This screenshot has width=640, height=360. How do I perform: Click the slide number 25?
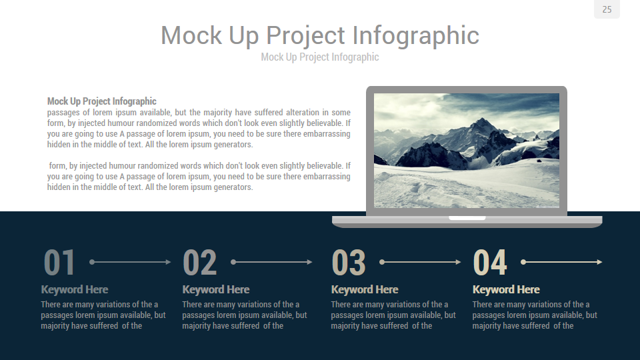(x=607, y=9)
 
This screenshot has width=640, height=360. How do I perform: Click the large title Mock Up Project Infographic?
(x=320, y=35)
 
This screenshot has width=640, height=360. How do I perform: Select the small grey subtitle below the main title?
(x=320, y=57)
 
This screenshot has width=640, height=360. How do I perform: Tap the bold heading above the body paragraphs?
(x=102, y=101)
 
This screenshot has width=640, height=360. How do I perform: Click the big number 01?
(x=60, y=263)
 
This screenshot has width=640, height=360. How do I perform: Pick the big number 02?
(x=200, y=263)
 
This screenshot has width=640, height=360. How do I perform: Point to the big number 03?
(x=349, y=263)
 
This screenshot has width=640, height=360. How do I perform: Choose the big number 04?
(x=490, y=263)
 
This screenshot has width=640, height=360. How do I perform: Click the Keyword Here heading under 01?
(x=75, y=289)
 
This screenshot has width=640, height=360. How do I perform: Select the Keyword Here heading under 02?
(x=216, y=289)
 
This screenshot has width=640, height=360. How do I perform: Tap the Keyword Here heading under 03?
(x=365, y=289)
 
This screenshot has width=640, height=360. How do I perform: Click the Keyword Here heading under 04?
(x=506, y=289)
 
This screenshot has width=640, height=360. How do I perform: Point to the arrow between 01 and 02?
(x=131, y=262)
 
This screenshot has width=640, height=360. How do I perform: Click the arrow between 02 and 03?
(x=272, y=262)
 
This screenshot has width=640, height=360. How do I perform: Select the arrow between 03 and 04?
(x=421, y=262)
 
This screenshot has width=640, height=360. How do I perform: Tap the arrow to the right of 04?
(x=563, y=262)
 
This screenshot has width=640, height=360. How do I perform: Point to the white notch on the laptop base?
(x=467, y=218)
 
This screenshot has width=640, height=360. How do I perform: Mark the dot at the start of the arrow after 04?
(x=523, y=262)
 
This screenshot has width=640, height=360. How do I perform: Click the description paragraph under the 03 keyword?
(x=393, y=315)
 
